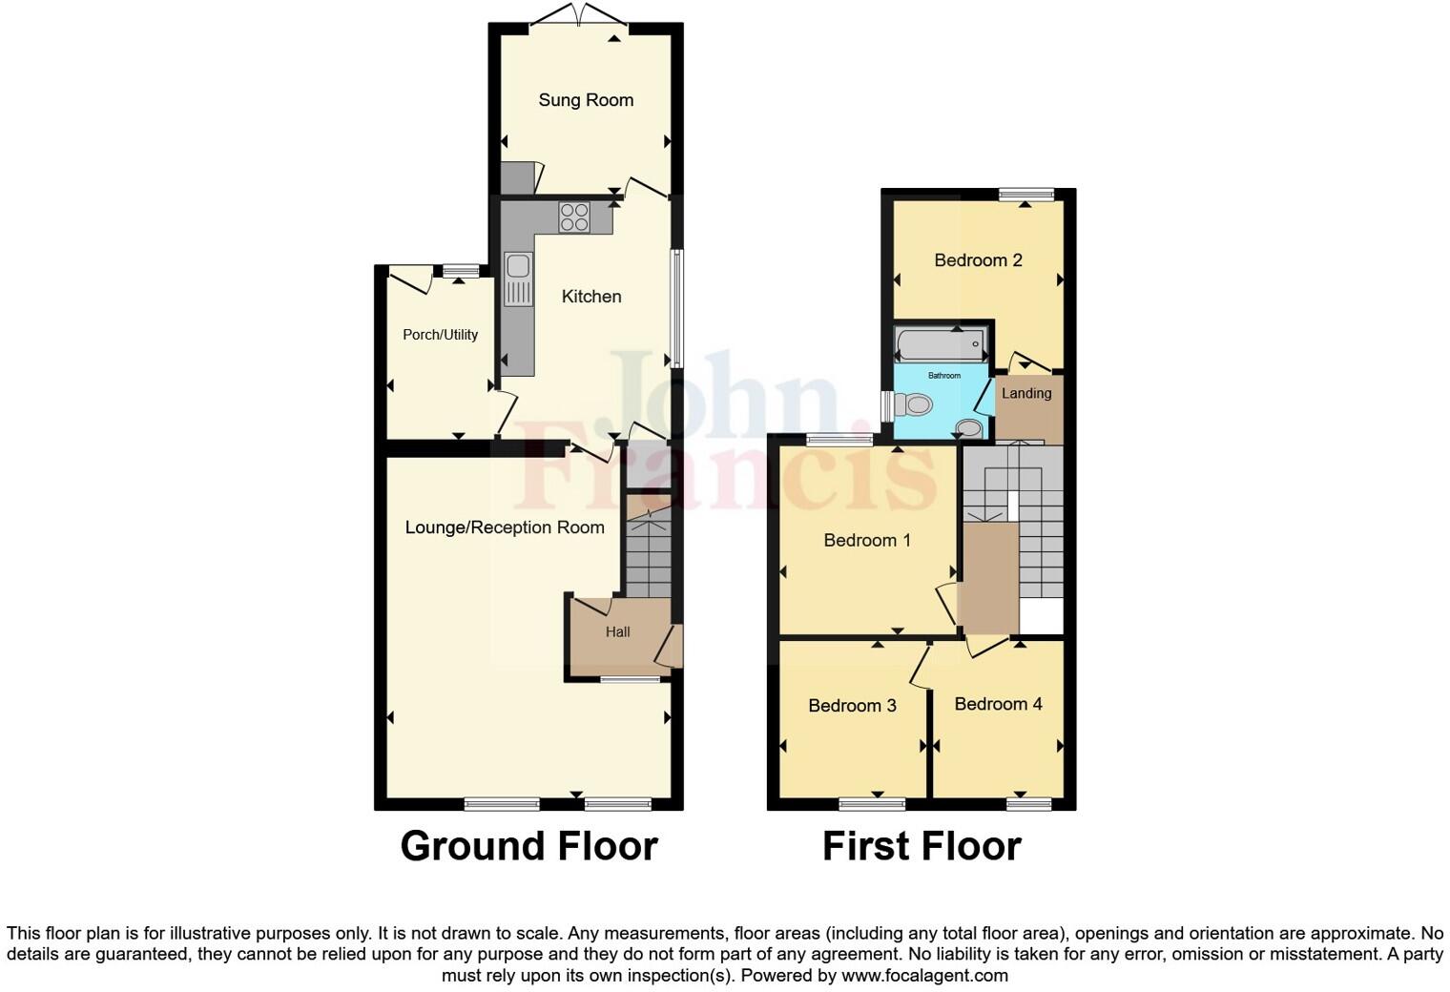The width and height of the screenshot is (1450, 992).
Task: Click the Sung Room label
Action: (586, 100)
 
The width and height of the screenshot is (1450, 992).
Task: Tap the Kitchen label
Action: (591, 297)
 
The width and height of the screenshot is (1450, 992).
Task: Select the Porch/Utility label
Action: (440, 335)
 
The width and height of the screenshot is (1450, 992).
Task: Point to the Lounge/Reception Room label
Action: (505, 527)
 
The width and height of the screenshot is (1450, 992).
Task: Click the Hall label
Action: (617, 631)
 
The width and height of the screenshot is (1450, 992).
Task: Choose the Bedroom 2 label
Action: (978, 260)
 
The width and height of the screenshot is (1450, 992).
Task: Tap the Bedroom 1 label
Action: (867, 541)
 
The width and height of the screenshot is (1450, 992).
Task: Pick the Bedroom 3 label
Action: (852, 706)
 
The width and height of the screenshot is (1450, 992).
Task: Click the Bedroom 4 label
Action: (998, 704)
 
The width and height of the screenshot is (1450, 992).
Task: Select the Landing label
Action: (1026, 393)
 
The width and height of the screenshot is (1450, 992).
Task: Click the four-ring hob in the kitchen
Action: (574, 217)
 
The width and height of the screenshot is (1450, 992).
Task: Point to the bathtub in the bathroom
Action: (941, 343)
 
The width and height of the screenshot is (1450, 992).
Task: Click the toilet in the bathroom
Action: (913, 405)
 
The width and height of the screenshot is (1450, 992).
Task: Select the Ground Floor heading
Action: (528, 846)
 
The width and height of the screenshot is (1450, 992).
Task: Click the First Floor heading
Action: (922, 846)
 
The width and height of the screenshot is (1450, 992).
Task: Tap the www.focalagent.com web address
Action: (923, 976)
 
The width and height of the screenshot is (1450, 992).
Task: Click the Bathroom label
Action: (944, 376)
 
